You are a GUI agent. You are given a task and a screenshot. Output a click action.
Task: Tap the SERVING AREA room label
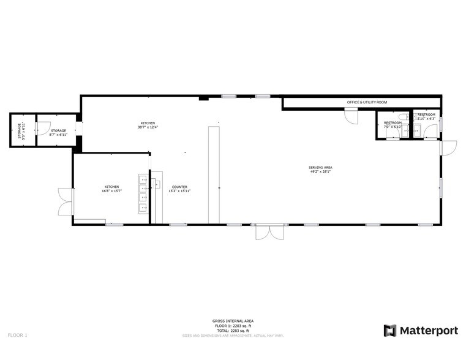pos(320,168)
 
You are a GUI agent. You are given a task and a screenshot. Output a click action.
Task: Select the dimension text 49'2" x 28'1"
pos(320,172)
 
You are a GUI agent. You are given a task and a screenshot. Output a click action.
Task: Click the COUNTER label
pos(179,187)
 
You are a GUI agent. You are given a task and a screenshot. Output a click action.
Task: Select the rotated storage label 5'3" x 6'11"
pos(21,131)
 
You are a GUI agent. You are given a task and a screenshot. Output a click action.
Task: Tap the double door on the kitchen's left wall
pos(65,201)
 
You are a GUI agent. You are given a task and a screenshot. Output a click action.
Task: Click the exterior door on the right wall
pos(448,148)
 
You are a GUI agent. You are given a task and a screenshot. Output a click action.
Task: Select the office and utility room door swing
pos(351,115)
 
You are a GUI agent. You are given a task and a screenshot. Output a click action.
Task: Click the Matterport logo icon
pos(390,331)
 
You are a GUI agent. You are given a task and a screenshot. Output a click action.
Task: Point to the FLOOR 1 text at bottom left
pos(17,335)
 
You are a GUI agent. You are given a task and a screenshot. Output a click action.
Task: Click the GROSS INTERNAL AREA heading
pos(233,321)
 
